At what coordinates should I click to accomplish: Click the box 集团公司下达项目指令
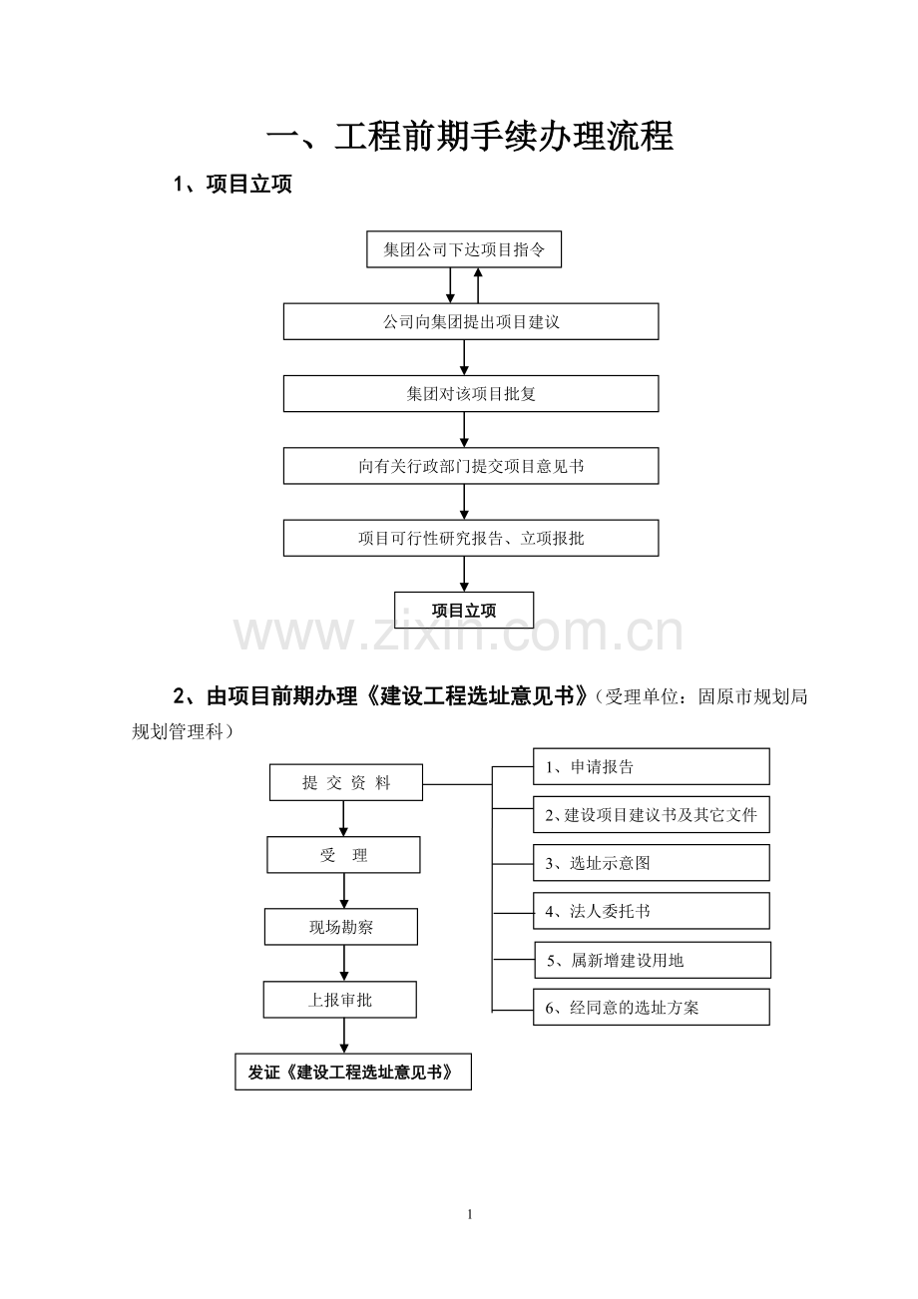(x=464, y=249)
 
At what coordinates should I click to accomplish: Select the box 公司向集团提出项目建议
(x=471, y=321)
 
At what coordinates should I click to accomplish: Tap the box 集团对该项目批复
(x=471, y=394)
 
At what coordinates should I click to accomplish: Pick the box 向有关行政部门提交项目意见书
(x=471, y=466)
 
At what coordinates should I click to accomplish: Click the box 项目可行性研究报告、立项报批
(x=471, y=538)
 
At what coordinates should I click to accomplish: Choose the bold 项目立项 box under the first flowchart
(x=464, y=610)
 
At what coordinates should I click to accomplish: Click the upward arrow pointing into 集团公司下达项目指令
(x=478, y=285)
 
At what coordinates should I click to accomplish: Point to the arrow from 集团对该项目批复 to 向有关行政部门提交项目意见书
(x=464, y=430)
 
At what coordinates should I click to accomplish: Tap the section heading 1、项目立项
(x=232, y=185)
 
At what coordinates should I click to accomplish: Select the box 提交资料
(x=346, y=783)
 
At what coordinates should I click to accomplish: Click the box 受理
(x=343, y=855)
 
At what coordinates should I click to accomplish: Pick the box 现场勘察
(x=341, y=927)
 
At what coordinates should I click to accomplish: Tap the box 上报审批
(x=340, y=999)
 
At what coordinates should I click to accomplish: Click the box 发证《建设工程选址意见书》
(x=353, y=1072)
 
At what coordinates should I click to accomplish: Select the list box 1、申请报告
(x=652, y=766)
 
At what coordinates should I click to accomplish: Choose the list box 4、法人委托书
(x=652, y=911)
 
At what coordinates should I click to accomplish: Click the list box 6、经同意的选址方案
(x=652, y=1008)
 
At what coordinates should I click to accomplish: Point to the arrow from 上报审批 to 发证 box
(x=344, y=1036)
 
